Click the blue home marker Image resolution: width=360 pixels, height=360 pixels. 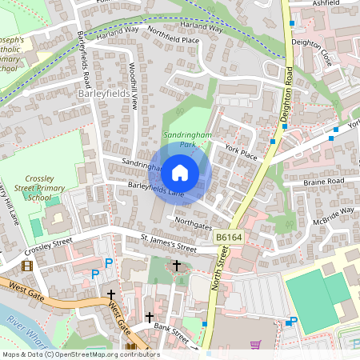[180, 172]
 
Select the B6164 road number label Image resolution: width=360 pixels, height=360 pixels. [228, 238]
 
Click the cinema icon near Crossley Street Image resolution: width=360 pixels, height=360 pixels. [28, 265]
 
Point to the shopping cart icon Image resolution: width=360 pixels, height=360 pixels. [255, 346]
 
